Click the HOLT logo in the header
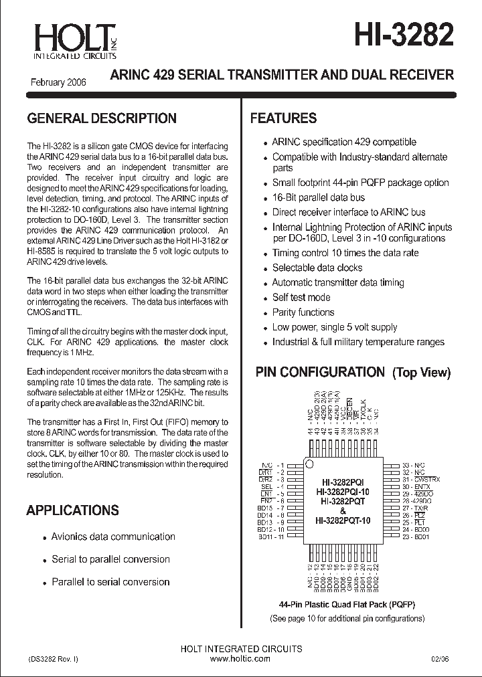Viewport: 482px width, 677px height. [66, 40]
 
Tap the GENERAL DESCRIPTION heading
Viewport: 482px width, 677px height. [101, 118]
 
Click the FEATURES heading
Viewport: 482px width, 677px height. [283, 118]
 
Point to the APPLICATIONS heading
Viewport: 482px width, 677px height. [72, 510]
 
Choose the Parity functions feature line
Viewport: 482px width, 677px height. [303, 312]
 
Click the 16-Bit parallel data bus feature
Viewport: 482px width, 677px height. [318, 197]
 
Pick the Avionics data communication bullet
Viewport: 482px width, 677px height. [113, 537]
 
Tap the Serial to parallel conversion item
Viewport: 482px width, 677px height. [110, 559]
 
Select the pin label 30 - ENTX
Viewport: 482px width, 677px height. [416, 486]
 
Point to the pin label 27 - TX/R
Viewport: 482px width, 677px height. [415, 508]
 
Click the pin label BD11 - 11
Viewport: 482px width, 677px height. [271, 537]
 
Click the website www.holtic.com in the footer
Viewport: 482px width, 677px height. [240, 659]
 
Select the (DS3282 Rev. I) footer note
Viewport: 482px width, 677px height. [54, 659]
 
